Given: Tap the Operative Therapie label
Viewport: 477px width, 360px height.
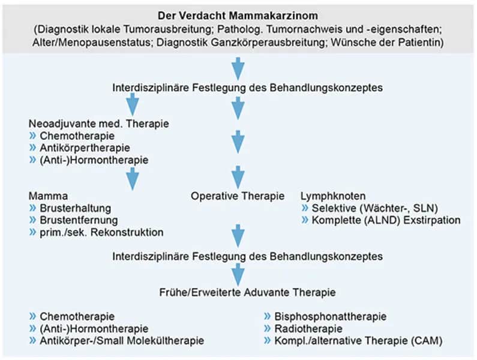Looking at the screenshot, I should tap(238, 196).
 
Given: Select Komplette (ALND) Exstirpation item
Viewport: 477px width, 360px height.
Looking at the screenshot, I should tap(385, 220).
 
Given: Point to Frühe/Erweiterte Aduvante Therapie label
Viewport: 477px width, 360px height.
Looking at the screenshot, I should tap(238, 292).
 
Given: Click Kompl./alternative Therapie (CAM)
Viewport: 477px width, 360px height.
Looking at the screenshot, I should tap(359, 341).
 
